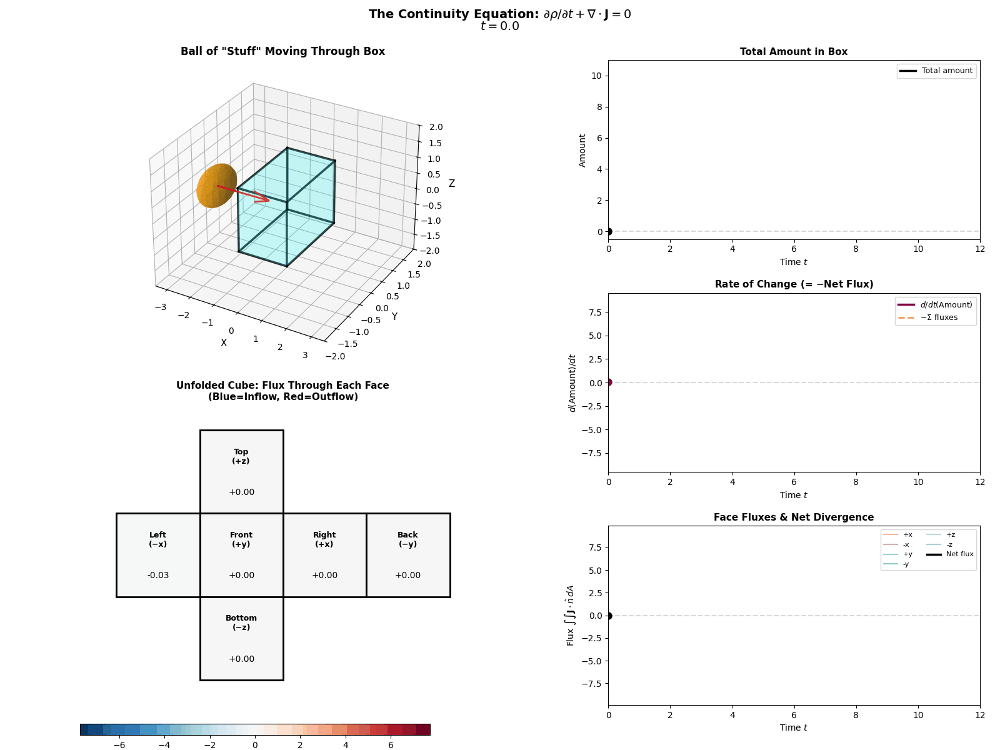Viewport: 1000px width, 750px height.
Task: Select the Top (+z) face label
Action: click(241, 456)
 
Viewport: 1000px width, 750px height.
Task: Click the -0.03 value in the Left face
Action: click(158, 575)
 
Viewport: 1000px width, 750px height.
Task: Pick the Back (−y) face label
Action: click(407, 539)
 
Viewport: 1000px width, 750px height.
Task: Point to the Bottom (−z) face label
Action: click(241, 622)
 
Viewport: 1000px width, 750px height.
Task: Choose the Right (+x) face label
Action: click(324, 539)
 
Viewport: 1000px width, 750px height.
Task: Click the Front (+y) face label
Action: click(241, 539)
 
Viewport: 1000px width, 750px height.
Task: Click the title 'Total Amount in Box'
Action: click(793, 52)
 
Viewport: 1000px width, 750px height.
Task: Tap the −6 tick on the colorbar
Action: click(119, 745)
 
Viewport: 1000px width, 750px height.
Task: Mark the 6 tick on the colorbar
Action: click(391, 745)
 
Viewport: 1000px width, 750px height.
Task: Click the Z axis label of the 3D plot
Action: click(451, 184)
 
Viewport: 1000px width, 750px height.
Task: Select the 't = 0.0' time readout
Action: click(499, 26)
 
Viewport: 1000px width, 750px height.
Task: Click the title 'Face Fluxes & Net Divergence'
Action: click(793, 517)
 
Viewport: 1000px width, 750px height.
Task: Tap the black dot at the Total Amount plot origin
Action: click(609, 232)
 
